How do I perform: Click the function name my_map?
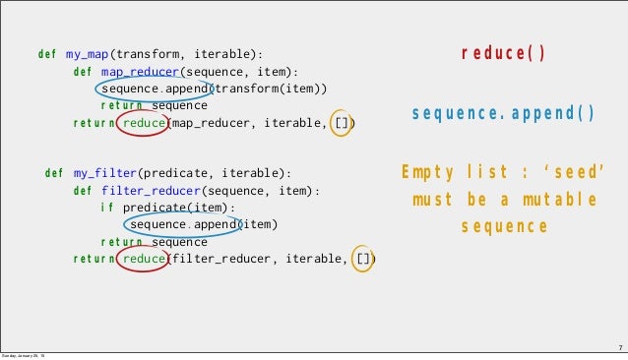click(x=88, y=53)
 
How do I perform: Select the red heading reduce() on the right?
click(x=503, y=53)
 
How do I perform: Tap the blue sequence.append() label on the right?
click(x=503, y=114)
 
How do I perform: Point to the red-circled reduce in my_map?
click(x=144, y=123)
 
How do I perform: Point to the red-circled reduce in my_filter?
click(x=144, y=260)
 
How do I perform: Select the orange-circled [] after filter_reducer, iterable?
click(x=363, y=260)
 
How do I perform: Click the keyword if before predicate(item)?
click(x=106, y=208)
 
